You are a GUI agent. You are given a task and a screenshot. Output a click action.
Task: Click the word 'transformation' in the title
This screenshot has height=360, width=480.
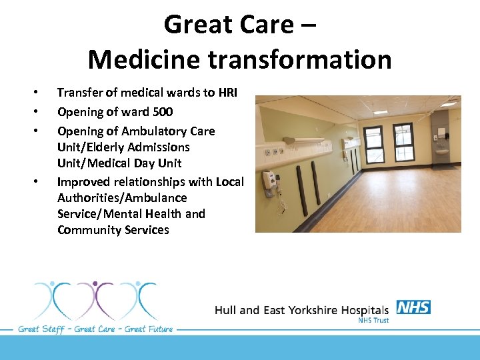pos(299,59)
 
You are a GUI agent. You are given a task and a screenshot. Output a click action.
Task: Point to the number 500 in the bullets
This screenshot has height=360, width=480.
pos(162,112)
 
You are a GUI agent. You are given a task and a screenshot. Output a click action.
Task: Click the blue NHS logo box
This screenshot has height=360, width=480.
pos(413,307)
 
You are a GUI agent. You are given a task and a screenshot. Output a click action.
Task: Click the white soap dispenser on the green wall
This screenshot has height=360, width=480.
pos(269,179)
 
